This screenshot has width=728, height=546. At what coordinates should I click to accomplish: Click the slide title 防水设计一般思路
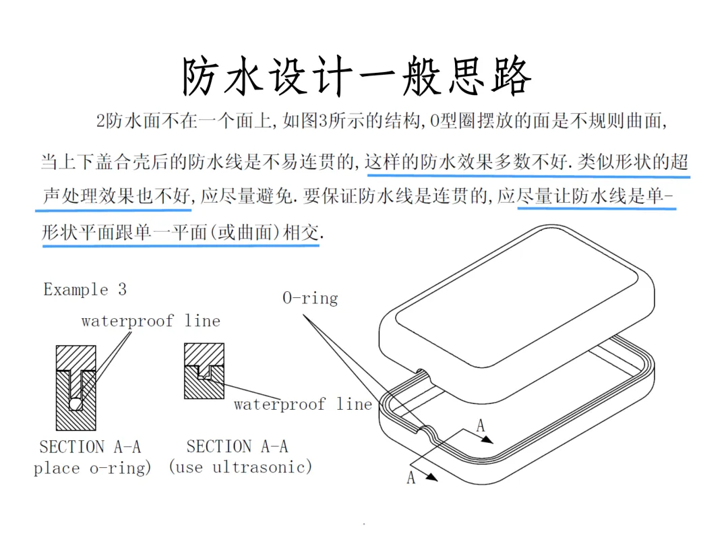[357, 75]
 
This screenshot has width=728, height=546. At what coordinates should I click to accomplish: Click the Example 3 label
[85, 289]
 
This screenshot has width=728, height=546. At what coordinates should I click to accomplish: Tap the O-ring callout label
[310, 298]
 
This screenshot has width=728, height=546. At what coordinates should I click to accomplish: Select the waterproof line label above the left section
[151, 321]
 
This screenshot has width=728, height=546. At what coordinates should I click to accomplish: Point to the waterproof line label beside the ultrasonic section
[303, 404]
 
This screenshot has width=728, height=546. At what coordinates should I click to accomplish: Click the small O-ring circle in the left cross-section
[75, 404]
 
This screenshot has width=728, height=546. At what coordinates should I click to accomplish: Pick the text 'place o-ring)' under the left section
[92, 468]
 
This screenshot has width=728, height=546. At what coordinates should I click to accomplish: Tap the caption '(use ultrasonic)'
[240, 466]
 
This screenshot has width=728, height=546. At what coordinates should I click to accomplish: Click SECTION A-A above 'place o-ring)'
[90, 447]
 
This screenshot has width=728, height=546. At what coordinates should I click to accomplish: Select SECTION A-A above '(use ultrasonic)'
[237, 446]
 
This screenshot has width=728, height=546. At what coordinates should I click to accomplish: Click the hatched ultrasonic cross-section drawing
[204, 371]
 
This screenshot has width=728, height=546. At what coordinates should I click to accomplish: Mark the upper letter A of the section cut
[481, 425]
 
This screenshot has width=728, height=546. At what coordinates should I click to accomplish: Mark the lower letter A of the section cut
[411, 477]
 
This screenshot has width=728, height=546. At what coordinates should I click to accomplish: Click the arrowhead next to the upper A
[487, 439]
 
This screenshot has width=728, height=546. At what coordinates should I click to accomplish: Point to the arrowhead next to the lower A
[431, 477]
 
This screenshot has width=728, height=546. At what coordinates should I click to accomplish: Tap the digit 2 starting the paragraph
[100, 121]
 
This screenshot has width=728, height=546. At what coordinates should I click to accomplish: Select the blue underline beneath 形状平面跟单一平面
[181, 245]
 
